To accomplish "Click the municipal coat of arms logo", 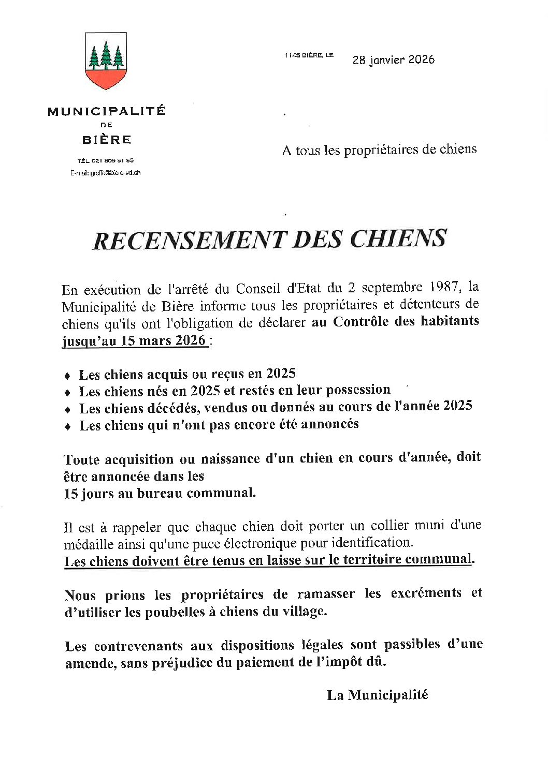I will (x=106, y=61).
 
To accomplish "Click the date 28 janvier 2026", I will (x=393, y=59).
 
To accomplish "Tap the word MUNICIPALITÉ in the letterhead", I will (x=107, y=111).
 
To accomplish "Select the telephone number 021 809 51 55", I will (x=112, y=160).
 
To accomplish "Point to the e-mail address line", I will (x=106, y=173).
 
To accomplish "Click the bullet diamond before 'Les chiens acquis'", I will (x=67, y=376).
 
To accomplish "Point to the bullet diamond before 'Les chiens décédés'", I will (x=67, y=409).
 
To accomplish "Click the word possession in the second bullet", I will (x=357, y=390).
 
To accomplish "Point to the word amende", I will (x=89, y=663).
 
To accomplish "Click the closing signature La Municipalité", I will (x=377, y=695).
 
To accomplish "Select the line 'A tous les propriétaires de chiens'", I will (x=379, y=150).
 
